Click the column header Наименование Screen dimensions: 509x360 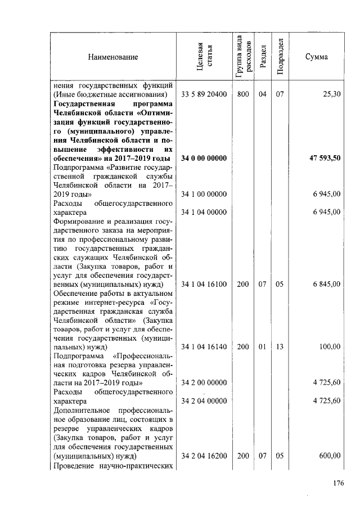coord(112,57)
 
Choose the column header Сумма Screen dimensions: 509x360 coord(317,57)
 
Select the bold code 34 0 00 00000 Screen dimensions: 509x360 coord(204,159)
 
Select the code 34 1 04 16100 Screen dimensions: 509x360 coord(204,285)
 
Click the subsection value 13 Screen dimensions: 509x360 coord(280,347)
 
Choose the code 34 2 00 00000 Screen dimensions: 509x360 coord(204,383)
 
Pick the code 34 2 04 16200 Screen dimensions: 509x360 coord(204,456)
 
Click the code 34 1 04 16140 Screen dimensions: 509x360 coord(204,347)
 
